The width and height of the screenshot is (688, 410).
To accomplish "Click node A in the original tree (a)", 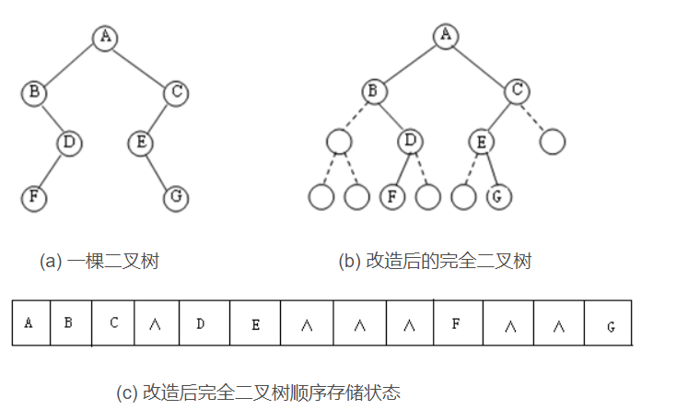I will pos(105,37).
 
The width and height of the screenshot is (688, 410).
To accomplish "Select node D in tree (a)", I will pos(69,143).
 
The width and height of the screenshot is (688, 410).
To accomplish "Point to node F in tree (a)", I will pos(34,196).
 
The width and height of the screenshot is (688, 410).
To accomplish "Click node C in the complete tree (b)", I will pos(518,90).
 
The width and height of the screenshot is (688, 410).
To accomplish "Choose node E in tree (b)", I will pos(481,142).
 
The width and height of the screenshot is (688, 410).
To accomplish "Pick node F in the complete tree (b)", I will pos(392,196).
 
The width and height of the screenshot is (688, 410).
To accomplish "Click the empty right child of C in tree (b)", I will pos(552,142).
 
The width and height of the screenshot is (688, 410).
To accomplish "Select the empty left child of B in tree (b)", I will pos(339,142).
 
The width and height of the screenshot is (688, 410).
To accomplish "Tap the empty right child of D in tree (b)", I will pos(427,196).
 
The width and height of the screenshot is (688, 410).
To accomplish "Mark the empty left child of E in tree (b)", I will pos(464,196).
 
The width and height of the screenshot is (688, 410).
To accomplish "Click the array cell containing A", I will pos(30,322).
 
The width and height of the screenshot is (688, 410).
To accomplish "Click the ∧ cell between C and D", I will pos(156,322).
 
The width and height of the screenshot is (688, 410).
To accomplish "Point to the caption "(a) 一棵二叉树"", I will pos(99,262).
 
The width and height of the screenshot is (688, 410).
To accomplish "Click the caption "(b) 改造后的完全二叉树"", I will pos(435,262).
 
